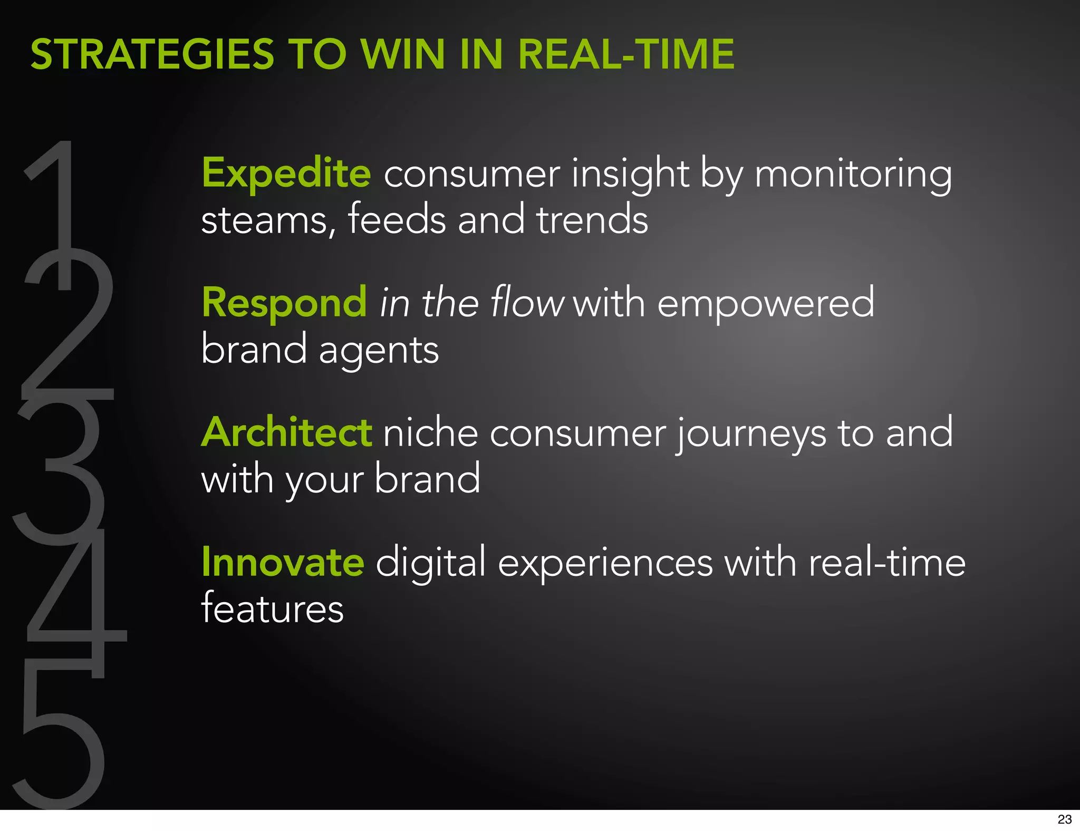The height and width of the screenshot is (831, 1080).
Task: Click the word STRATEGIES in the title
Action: click(152, 54)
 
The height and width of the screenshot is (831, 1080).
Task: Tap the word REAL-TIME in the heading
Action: click(626, 54)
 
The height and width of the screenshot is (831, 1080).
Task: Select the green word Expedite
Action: click(286, 173)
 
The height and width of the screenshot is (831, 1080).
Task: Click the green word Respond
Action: click(284, 303)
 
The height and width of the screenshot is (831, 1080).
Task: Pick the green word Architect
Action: click(287, 432)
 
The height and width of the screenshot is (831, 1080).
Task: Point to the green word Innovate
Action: click(283, 562)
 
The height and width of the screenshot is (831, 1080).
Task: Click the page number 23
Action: click(1064, 819)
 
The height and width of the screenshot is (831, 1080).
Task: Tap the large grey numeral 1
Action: click(58, 211)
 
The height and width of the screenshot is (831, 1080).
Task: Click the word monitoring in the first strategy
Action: click(853, 174)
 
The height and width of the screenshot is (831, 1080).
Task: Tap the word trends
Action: click(592, 219)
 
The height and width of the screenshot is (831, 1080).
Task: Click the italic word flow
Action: click(527, 303)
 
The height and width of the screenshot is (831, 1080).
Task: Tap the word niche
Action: click(430, 432)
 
